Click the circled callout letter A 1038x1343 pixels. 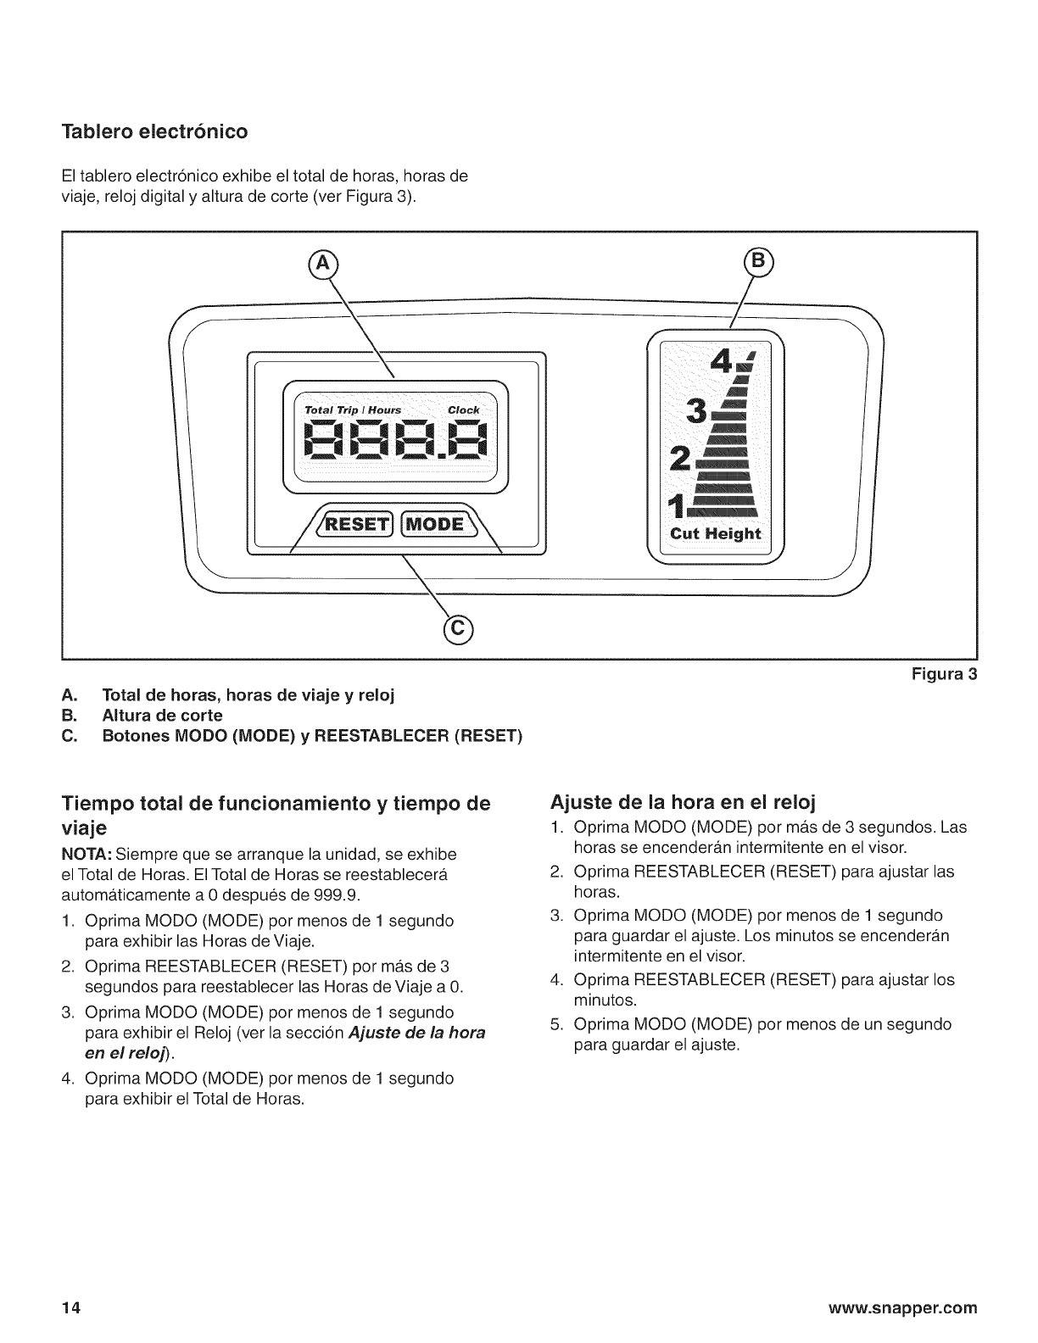[321, 265]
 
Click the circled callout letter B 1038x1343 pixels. [757, 261]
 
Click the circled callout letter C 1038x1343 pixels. [458, 628]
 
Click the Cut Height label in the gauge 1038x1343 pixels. [716, 533]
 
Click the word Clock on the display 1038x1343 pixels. [463, 410]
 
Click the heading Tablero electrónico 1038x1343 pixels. [154, 132]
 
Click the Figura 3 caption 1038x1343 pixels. [945, 675]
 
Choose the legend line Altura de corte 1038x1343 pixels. [162, 715]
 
